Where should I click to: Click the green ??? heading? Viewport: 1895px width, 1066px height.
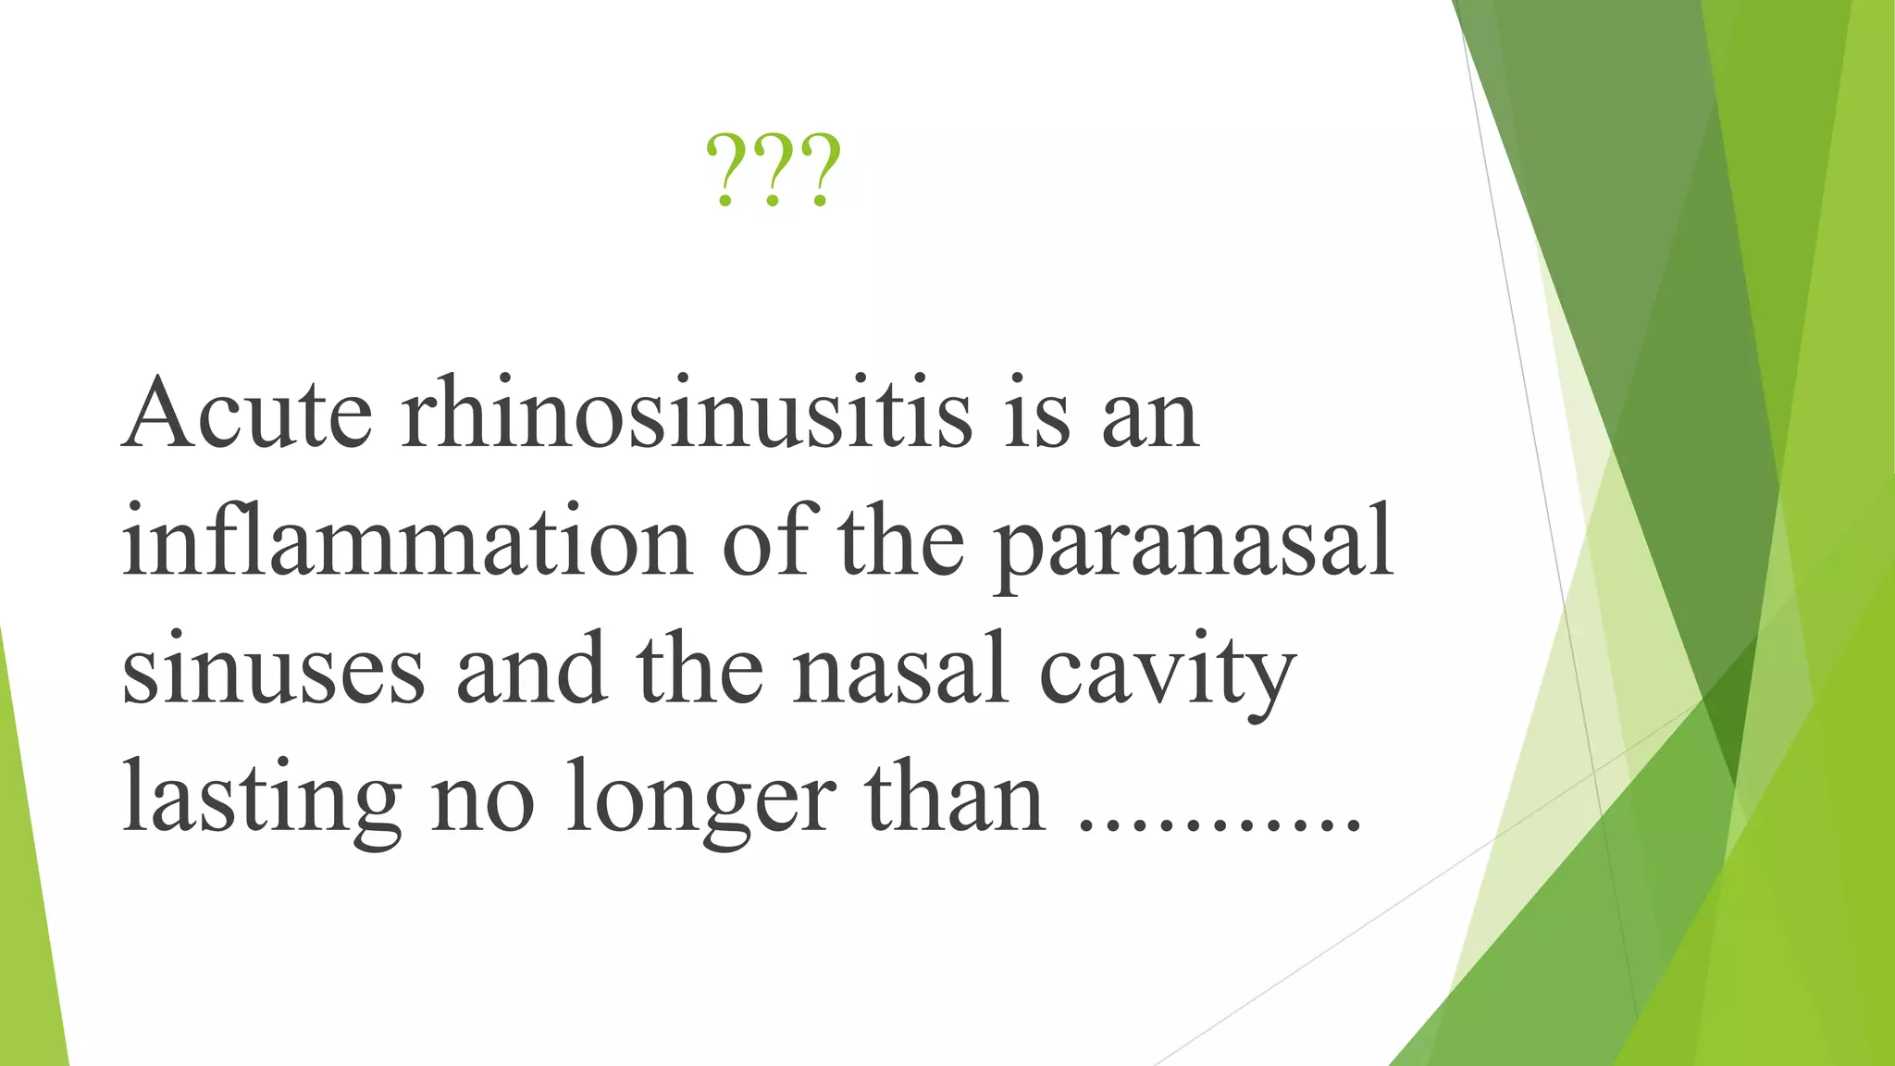tap(773, 170)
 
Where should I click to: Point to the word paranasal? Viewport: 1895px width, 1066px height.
tap(1194, 546)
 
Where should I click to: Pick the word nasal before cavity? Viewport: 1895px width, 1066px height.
tap(899, 668)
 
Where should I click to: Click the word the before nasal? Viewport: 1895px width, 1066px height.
tap(700, 668)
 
